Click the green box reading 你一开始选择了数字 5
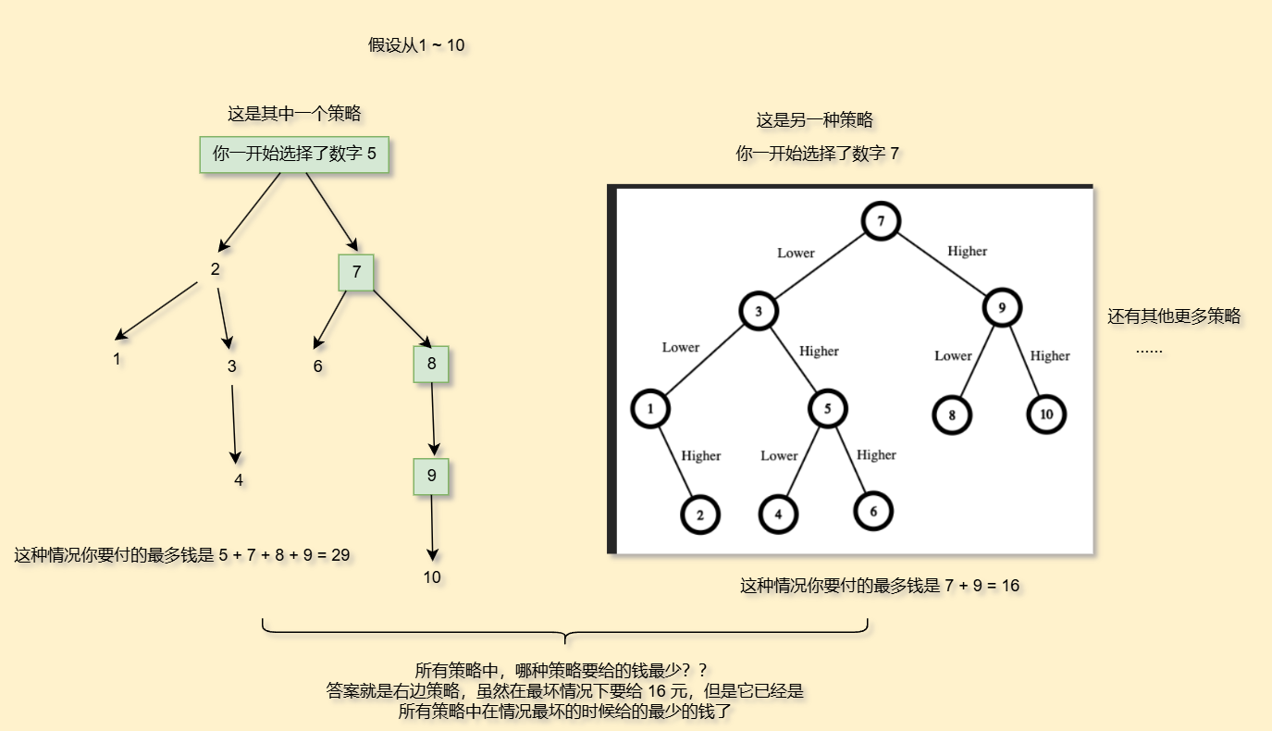pos(294,155)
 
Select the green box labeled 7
pos(356,272)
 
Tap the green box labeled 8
pos(431,364)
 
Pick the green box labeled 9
pos(431,477)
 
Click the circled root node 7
pos(881,221)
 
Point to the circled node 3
pos(759,312)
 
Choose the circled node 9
pos(1001,306)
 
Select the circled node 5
pos(828,408)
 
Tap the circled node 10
pos(1046,415)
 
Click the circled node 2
pos(700,515)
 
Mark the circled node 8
pos(952,415)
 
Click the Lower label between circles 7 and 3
pos(796,253)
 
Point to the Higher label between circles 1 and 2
pos(700,455)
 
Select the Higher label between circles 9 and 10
pos(1050,355)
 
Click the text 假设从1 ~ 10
pos(416,45)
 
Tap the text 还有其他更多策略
pos(1174,316)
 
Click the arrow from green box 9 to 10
pos(432,527)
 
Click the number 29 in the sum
pos(340,555)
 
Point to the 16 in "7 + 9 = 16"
pos(1009,586)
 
